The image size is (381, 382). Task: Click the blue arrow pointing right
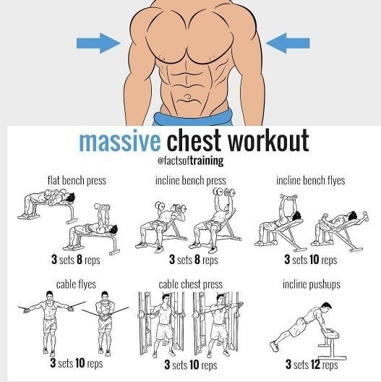coord(98,43)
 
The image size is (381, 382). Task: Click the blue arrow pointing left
coord(288,43)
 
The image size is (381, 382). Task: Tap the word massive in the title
coord(120,141)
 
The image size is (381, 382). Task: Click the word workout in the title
coord(268,140)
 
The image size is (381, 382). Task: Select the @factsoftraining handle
coord(191,161)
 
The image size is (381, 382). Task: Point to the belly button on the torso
coord(188,98)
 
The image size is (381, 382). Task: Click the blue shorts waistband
coord(192,117)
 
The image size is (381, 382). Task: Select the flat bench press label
coord(77,181)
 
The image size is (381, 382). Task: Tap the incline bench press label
coord(191,181)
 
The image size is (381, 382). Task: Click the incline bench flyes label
coord(311,181)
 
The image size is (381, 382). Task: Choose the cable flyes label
coord(76,284)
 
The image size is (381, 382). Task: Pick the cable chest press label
coord(191,284)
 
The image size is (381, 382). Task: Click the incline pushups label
coord(312,284)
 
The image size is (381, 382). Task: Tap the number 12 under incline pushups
coord(314,365)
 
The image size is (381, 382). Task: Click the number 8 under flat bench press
coord(80,259)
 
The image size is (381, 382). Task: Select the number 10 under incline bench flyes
coord(314,259)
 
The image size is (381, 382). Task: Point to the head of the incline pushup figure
coord(326,307)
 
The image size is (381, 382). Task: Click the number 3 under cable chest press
coord(167,365)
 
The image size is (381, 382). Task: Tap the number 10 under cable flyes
coord(80,363)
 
